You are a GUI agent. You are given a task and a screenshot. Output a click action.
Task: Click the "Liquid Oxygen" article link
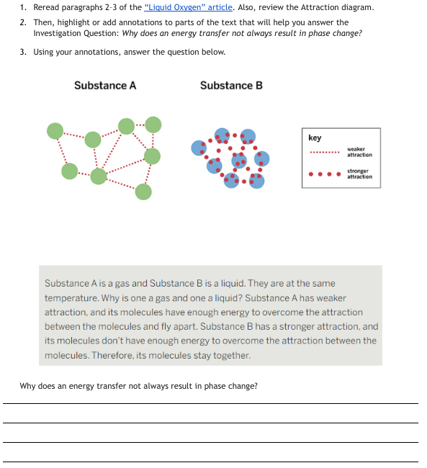pos(188,7)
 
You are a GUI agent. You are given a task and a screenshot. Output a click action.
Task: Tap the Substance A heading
pos(105,86)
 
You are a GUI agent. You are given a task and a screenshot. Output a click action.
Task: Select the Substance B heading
pos(231,86)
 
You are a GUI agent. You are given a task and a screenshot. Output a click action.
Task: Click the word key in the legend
pos(315,138)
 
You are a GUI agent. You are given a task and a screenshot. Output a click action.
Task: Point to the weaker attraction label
pos(359,152)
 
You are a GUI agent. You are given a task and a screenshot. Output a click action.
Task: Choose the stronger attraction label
pos(359,174)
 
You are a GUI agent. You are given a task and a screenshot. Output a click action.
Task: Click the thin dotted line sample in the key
pos(325,152)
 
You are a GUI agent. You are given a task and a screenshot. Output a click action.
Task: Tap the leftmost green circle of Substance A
pos(55,131)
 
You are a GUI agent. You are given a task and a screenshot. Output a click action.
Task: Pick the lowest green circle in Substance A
pos(143,192)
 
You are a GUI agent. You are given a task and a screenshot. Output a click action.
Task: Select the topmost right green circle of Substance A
pos(153,125)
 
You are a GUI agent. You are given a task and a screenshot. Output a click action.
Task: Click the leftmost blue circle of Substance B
pos(199,148)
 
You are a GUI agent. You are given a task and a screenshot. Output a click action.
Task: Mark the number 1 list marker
pos(23,7)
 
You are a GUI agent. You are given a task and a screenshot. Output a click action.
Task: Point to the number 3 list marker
pos(23,52)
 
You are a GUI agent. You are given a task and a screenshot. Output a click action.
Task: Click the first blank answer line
pos(210,403)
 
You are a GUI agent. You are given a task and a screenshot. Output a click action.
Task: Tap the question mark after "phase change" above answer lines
pos(256,386)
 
